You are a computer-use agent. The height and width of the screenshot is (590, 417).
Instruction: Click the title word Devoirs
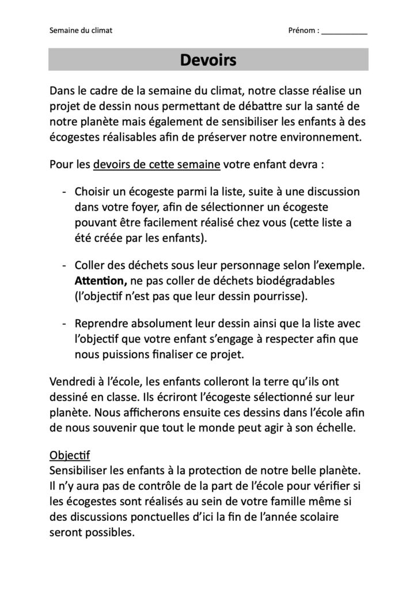coord(208,59)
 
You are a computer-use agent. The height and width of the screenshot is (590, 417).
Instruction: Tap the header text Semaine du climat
coord(81,31)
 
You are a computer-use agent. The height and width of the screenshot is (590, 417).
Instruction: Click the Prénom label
coord(303,31)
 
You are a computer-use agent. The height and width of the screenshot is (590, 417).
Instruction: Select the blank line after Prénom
coord(344,32)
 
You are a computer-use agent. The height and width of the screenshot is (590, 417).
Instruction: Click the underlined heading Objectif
coord(67,455)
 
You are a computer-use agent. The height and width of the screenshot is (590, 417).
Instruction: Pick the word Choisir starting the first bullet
coord(95,191)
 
